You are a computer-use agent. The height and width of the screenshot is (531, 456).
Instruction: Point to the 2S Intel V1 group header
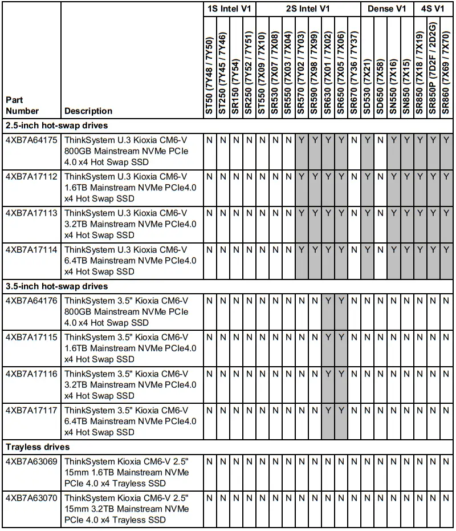click(308, 9)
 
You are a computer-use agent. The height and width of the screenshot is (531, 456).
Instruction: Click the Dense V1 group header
click(387, 9)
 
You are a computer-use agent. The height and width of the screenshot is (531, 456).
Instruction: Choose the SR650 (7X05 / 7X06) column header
click(341, 68)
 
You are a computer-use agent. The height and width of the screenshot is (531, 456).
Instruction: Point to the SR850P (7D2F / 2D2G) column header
click(433, 68)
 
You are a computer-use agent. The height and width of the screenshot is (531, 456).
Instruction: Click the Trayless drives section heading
click(38, 447)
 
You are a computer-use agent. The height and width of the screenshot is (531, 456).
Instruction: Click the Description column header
click(88, 111)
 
